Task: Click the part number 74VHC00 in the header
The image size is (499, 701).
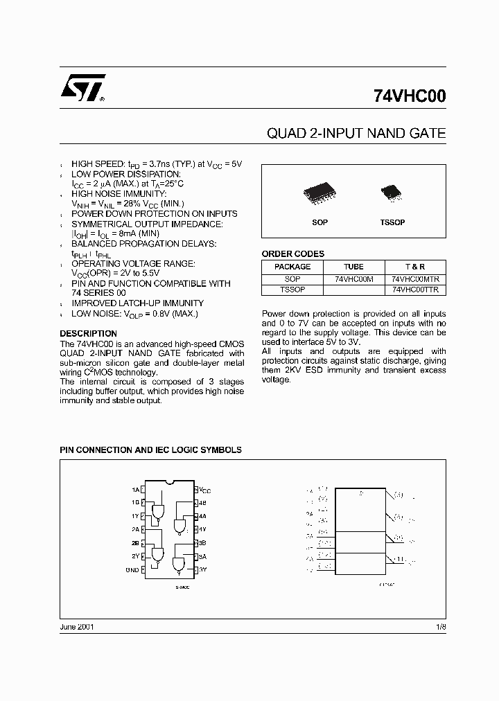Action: (410, 98)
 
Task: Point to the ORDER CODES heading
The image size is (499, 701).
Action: (292, 254)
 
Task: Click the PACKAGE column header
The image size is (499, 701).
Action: (292, 267)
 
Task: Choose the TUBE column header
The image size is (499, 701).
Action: (353, 267)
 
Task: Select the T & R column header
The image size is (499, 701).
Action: (414, 267)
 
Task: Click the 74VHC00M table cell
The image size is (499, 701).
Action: (353, 278)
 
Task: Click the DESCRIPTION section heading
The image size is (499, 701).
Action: (88, 334)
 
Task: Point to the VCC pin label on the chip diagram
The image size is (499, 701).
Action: (205, 490)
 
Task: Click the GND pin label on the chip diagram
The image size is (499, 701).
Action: (132, 569)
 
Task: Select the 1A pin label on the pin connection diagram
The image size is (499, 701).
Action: (135, 490)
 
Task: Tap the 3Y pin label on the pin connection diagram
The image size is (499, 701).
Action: (204, 569)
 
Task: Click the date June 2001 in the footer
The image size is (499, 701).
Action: (77, 626)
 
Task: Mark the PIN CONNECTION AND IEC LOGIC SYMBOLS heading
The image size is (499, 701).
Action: (151, 450)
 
